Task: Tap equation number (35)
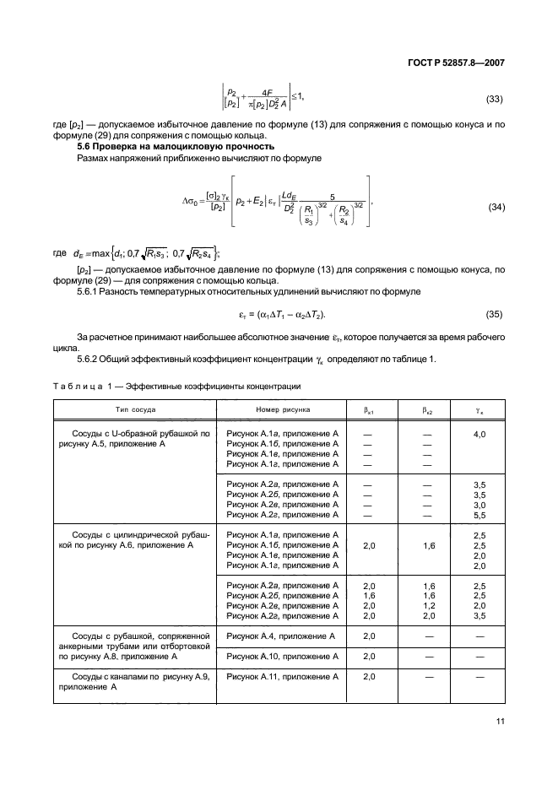pyautogui.click(x=491, y=315)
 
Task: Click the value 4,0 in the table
pyautogui.click(x=479, y=433)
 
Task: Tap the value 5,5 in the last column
pyautogui.click(x=479, y=514)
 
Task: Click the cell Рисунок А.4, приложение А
pyautogui.click(x=282, y=636)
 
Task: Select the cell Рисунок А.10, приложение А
pyautogui.click(x=282, y=656)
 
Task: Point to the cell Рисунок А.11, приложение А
pyautogui.click(x=282, y=676)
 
